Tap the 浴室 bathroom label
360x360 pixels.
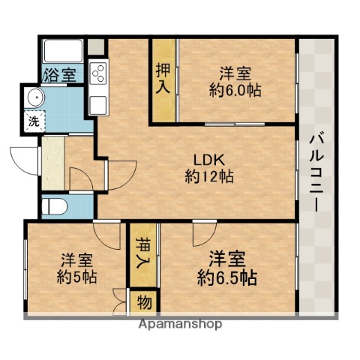click(59, 76)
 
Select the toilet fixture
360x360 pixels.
click(55, 205)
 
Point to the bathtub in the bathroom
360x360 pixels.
click(65, 52)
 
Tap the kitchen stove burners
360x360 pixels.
click(99, 72)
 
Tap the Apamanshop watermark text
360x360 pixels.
click(180, 325)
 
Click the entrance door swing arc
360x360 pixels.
click(24, 158)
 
